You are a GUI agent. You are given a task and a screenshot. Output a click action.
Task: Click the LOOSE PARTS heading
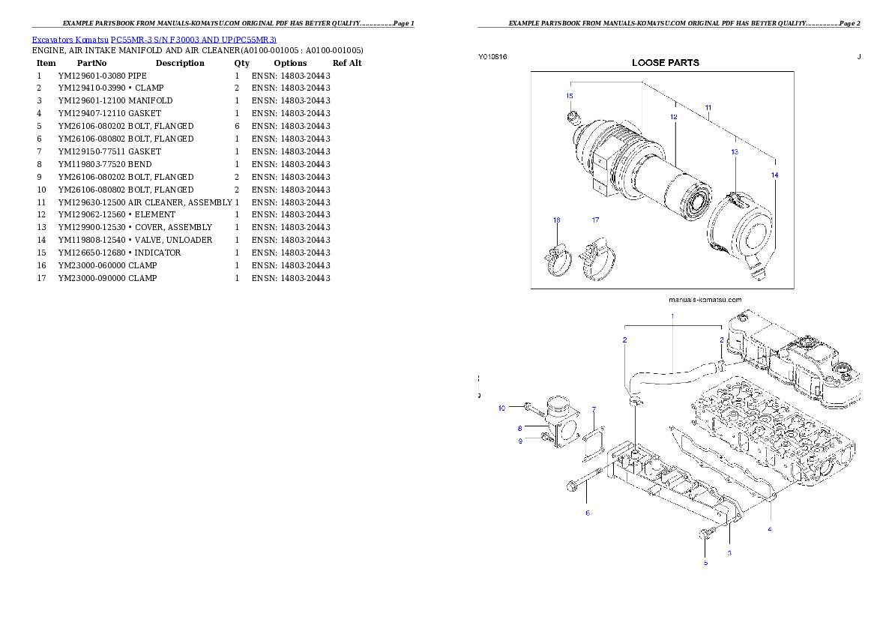[666, 63]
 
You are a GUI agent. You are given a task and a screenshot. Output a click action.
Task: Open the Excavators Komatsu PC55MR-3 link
[154, 40]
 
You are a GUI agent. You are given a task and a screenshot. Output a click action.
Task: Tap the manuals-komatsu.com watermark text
[705, 300]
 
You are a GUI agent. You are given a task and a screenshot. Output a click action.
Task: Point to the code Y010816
[492, 57]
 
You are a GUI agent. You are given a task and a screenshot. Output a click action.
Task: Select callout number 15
[569, 96]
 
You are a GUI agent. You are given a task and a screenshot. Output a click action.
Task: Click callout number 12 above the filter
[673, 117]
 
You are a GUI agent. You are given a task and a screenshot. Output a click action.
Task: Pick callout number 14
[774, 175]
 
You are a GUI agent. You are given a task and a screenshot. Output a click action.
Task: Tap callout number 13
[734, 151]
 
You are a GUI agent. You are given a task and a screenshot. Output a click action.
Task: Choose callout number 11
[708, 109]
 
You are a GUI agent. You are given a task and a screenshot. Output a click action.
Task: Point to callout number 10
[501, 408]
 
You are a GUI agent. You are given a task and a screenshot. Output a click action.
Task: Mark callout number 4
[769, 529]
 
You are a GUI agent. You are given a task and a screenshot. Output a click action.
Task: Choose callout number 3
[729, 553]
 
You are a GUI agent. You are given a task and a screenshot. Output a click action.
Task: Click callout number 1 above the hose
[672, 316]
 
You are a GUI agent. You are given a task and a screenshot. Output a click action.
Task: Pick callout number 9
[519, 441]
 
